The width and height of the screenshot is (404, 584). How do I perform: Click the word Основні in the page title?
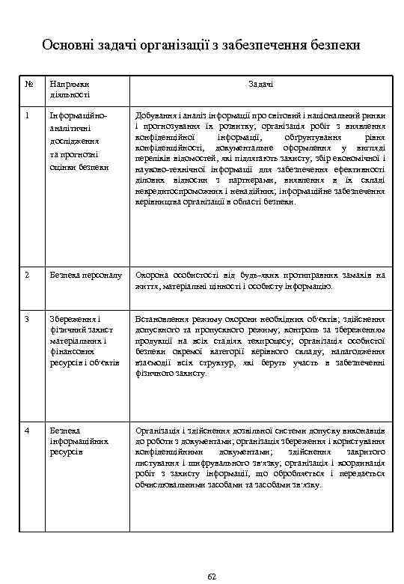coord(67,46)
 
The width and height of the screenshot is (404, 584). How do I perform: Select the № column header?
coord(28,85)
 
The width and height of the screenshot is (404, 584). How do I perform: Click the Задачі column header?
coord(260,85)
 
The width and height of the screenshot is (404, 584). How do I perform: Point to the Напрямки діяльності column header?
coord(70,90)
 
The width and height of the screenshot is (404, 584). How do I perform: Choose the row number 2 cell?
coord(27,275)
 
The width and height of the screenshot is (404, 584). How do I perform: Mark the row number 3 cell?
coord(27,319)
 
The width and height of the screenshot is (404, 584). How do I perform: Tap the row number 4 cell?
coord(27,432)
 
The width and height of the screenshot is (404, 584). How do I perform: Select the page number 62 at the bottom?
coord(211,575)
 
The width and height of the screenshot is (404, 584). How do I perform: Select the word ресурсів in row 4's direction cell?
coord(66,453)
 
